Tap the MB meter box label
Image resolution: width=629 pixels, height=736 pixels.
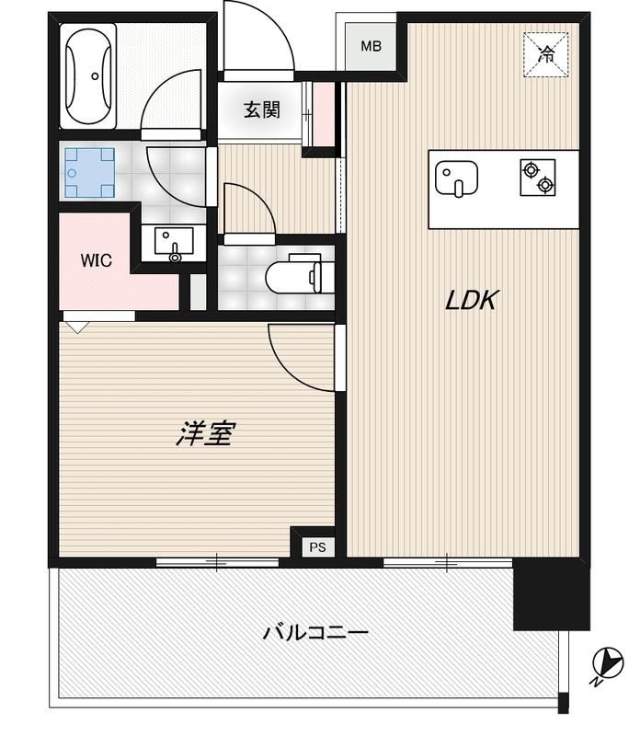click(x=370, y=46)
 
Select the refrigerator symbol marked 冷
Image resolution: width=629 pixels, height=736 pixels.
click(x=546, y=53)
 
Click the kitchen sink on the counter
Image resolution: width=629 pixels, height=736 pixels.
click(x=454, y=178)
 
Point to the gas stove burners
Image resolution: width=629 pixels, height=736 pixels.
click(x=537, y=178)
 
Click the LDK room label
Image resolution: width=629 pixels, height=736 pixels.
click(x=472, y=300)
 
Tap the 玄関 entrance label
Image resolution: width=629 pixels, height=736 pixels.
click(x=261, y=110)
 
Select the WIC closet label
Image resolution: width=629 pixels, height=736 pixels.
click(x=96, y=260)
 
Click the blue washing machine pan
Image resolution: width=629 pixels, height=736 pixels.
click(x=89, y=172)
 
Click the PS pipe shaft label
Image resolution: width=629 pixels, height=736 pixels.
click(x=317, y=547)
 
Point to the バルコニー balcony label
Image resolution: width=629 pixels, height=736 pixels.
click(x=315, y=633)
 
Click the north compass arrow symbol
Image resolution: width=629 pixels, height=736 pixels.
click(x=606, y=661)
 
